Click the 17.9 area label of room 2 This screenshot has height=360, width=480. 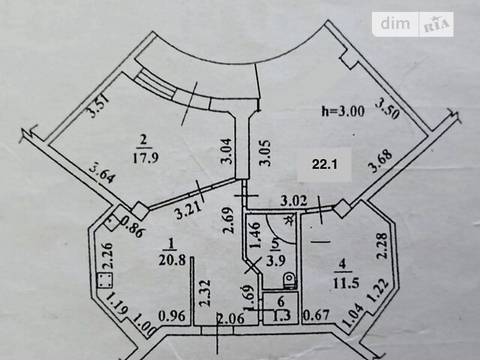coord(145,158)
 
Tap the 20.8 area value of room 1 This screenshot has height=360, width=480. coord(172,260)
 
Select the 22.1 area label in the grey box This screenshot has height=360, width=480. coord(325,165)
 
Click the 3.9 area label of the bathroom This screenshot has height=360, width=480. coord(276,261)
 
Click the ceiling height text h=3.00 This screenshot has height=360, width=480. coord(343,111)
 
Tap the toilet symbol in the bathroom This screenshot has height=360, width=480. coord(289,280)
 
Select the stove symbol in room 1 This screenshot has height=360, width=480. coord(105,280)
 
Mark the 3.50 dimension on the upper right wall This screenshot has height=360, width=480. coord(388,108)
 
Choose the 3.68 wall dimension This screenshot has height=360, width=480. coord(380,162)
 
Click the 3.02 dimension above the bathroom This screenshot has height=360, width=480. coord(294,202)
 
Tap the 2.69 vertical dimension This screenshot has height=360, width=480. coord(229,220)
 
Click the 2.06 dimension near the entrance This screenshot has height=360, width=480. coord(231,319)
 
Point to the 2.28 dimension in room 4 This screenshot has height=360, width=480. coord(382,246)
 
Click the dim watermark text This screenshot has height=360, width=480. coord(395,23)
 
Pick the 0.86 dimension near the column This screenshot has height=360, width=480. coord(132,226)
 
